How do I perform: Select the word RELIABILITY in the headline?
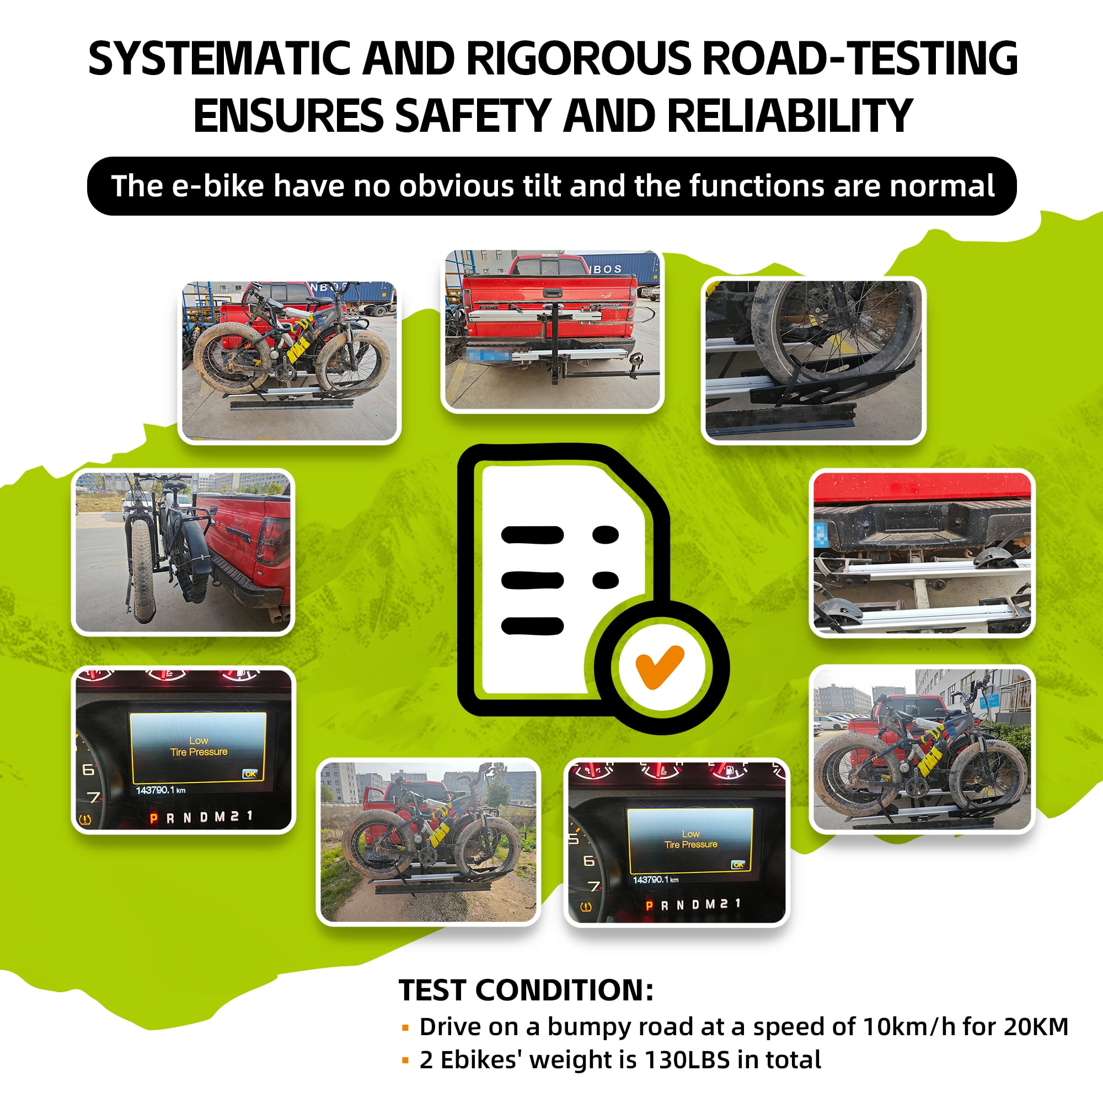click(x=790, y=115)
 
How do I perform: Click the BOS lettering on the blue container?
click(x=607, y=269)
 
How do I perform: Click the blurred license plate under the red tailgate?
click(x=489, y=355)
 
